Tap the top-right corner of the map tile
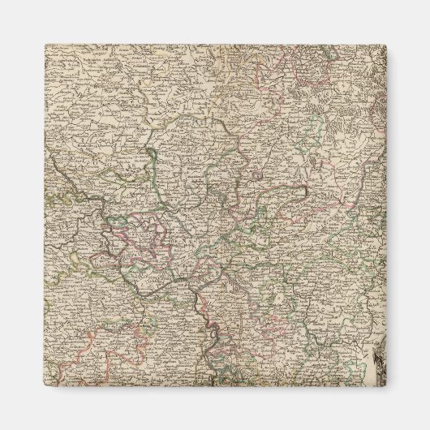point(385,45)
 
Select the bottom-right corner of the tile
point(385,386)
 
